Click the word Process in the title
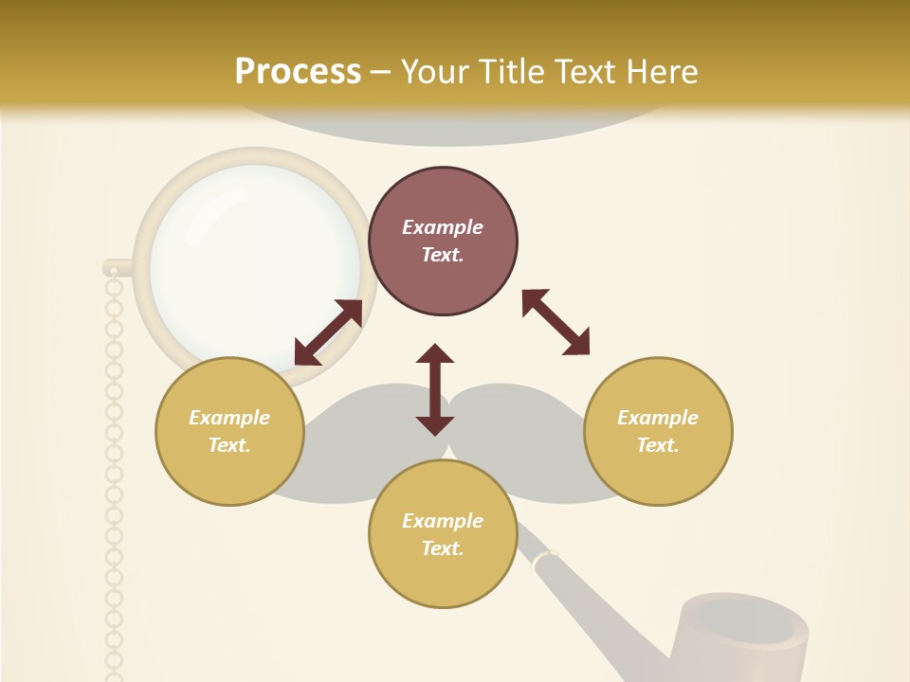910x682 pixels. [298, 72]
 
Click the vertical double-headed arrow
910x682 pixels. [435, 389]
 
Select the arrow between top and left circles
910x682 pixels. [328, 332]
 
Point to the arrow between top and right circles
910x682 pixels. [555, 322]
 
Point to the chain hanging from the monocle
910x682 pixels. [114, 474]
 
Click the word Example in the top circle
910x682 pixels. [443, 227]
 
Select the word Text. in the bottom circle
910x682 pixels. [443, 548]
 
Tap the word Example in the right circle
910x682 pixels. [658, 418]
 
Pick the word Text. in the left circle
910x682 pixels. [229, 445]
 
